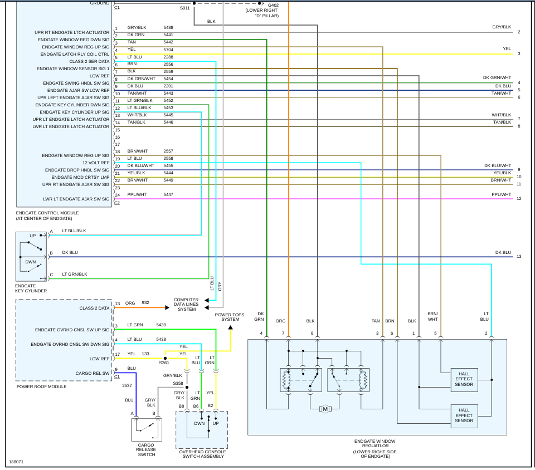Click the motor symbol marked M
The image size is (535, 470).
325,409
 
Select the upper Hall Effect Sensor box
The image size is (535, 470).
464,380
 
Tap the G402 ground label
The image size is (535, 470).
273,5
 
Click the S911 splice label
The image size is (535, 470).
184,8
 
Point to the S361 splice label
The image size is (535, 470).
164,363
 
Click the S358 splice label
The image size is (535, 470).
178,383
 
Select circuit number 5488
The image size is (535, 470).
168,27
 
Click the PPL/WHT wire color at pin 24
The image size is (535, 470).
137,194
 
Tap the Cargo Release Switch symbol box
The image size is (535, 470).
147,430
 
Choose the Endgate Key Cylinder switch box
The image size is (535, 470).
32,257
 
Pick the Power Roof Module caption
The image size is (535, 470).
41,386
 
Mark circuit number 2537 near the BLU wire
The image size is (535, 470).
128,385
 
